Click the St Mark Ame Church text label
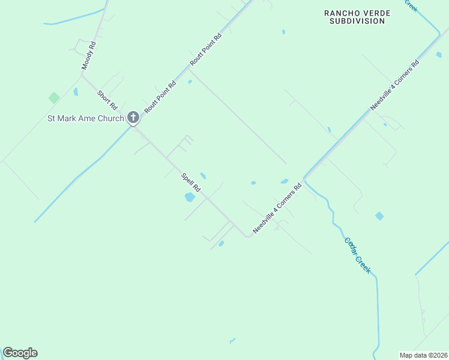click(x=85, y=118)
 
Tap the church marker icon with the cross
click(x=133, y=118)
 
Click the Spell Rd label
click(x=191, y=183)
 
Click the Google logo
click(x=20, y=353)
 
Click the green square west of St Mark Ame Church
click(x=54, y=97)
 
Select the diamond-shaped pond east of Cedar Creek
click(x=379, y=216)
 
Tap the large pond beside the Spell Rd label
click(x=190, y=197)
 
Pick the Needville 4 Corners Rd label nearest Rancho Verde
click(x=394, y=85)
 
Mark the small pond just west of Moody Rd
click(x=76, y=92)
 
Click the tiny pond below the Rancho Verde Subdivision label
click(x=283, y=32)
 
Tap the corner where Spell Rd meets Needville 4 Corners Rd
click(x=247, y=236)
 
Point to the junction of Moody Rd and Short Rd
click(x=82, y=75)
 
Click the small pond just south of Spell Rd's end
click(x=221, y=243)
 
